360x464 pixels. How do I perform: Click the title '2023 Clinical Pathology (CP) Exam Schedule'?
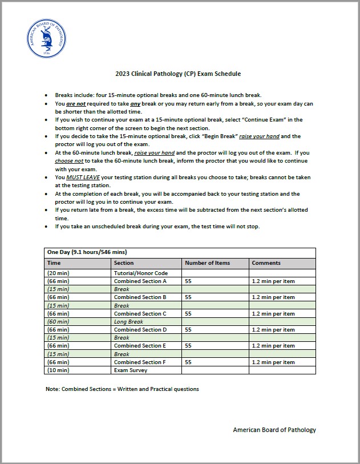tap(178, 74)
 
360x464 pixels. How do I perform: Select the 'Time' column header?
tap(54, 263)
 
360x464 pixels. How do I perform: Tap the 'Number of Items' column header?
tap(207, 263)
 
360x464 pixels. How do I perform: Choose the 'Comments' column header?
tap(266, 263)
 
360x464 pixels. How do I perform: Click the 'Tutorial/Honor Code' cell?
tap(140, 273)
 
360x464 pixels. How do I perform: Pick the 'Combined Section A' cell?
tap(140, 281)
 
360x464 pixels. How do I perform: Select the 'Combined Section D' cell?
tap(140, 329)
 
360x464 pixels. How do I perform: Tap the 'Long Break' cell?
tap(128, 321)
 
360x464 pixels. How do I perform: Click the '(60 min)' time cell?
tap(58, 321)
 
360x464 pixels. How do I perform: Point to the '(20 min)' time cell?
tap(58, 273)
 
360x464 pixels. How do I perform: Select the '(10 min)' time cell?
tap(58, 370)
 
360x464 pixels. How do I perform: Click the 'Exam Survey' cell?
tap(131, 370)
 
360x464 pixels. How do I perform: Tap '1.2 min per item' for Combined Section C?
tap(273, 313)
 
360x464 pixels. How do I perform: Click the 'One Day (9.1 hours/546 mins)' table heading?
tap(87, 252)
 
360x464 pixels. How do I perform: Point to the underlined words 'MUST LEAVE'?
tap(83, 177)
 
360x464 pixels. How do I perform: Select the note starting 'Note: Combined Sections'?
tap(122, 389)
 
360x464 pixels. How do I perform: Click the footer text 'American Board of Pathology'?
tap(274, 430)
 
